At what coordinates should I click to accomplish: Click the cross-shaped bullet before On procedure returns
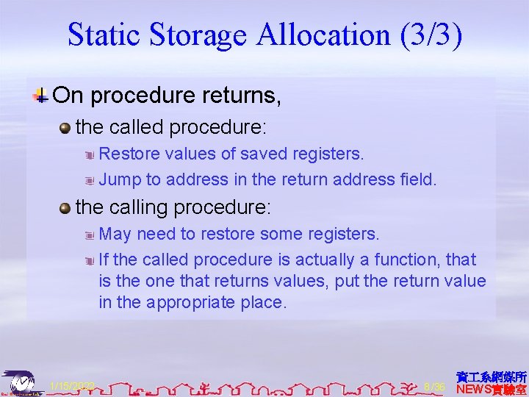[x=43, y=95]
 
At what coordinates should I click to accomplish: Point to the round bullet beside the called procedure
[x=65, y=128]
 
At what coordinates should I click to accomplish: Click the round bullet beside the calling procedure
[x=65, y=208]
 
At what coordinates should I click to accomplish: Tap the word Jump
[x=119, y=179]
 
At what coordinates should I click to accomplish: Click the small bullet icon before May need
[x=88, y=235]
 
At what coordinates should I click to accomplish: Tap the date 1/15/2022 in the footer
[x=73, y=386]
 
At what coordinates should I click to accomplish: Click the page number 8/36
[x=435, y=387]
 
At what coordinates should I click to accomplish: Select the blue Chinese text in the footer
[x=492, y=376]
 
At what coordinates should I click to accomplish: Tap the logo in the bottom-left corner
[x=21, y=383]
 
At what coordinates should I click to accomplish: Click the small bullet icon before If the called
[x=88, y=260]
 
